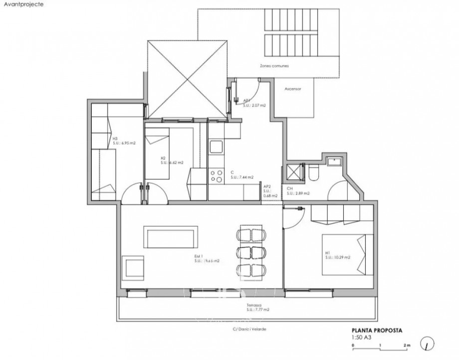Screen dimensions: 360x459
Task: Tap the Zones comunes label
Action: click(x=274, y=66)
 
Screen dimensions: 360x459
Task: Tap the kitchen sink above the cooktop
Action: click(x=216, y=147)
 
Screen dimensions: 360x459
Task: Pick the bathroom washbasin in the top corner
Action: click(x=332, y=161)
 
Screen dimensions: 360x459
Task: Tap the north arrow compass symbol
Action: click(x=428, y=344)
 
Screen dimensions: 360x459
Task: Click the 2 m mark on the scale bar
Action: click(x=407, y=345)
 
